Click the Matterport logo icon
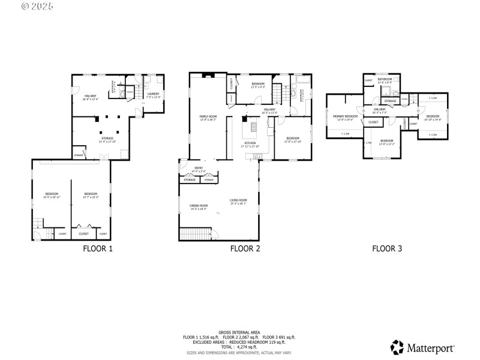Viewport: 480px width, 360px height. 397,347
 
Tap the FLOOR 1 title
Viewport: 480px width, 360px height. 97,248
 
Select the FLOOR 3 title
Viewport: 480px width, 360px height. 387,248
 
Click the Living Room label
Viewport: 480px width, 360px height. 238,200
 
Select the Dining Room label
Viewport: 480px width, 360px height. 199,205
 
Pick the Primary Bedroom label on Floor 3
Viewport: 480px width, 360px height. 346,116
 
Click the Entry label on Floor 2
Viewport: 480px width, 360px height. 199,167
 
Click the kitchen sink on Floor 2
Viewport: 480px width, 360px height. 258,157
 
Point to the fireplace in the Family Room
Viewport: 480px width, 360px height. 207,76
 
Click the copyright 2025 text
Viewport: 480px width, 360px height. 37,7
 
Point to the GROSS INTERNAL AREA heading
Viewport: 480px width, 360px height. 239,332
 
